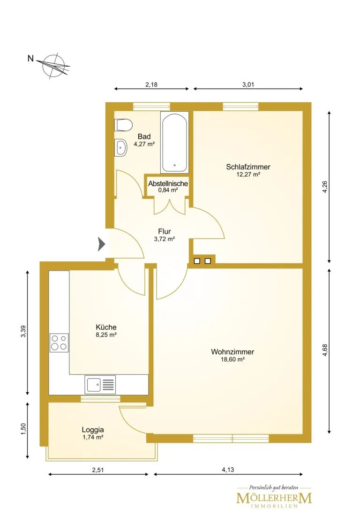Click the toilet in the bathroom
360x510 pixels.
coord(123,125)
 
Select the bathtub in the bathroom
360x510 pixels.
coord(174,143)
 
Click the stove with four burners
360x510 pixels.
coord(59,343)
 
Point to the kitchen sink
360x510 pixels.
coord(100,384)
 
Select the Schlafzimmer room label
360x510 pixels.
coord(248,167)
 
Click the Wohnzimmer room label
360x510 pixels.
coord(232,351)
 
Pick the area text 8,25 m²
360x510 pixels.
coord(106,335)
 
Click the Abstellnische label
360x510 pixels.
coord(168,183)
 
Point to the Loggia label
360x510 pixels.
coord(93,430)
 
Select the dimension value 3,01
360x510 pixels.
coord(248,84)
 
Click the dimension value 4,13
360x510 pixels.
coord(228,470)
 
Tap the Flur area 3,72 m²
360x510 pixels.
coord(165,239)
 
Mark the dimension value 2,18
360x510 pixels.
coord(151,84)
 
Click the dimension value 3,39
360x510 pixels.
coord(23,331)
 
